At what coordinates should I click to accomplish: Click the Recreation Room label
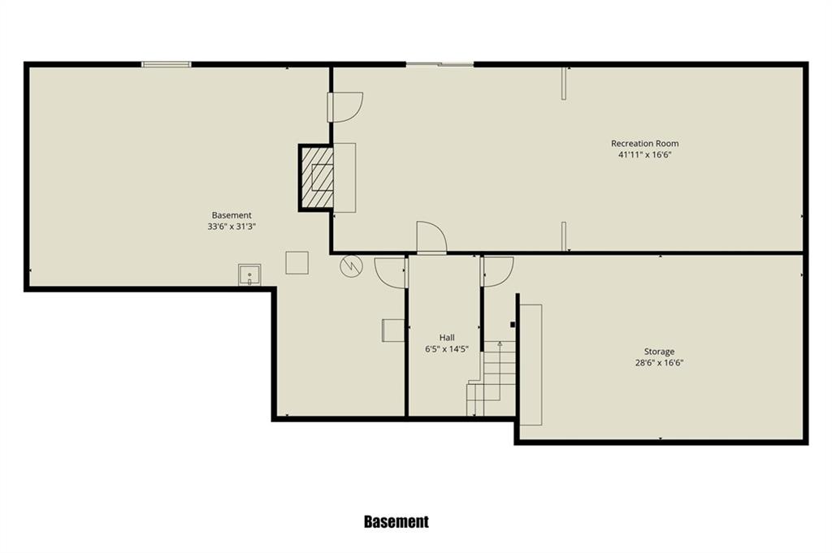coord(644,143)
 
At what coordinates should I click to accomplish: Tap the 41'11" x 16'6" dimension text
coord(644,155)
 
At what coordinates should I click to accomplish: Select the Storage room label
coord(659,352)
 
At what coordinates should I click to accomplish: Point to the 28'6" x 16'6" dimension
coord(659,363)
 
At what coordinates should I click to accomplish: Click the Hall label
coord(447,337)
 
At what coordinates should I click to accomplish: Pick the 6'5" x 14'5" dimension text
coord(447,349)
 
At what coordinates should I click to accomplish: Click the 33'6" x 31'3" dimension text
coord(232,227)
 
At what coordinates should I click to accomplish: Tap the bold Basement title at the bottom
coord(396,521)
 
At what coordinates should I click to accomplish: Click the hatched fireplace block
coord(317,178)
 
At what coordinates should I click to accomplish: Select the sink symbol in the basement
coord(249,274)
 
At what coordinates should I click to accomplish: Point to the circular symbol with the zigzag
coord(351,266)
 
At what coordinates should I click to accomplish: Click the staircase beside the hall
coord(491,378)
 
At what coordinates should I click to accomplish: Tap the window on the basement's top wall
coord(166,64)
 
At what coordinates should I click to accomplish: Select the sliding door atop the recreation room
coord(440,64)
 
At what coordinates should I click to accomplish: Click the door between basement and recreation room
coord(344,108)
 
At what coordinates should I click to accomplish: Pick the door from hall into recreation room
coord(431,238)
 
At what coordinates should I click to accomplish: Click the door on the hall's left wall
coord(391,273)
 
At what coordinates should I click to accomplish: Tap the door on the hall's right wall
coord(496,273)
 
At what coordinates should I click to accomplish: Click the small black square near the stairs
coord(513,325)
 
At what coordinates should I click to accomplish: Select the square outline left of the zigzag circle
coord(297,263)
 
